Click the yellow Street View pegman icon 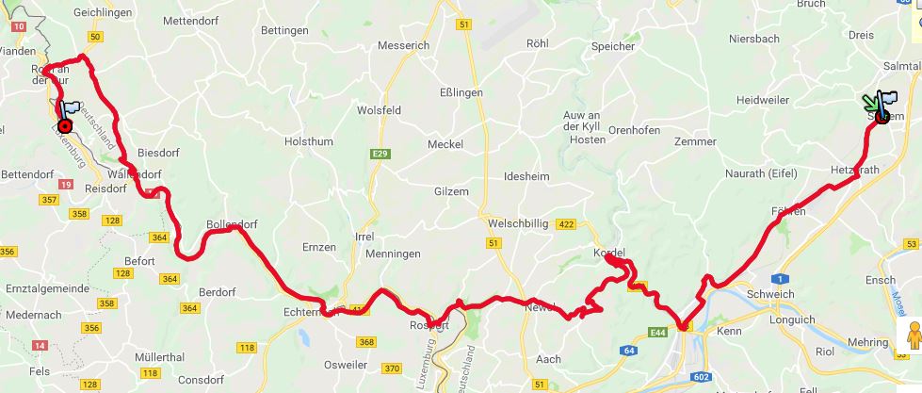912,336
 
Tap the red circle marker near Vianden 65,126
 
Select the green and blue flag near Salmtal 882,105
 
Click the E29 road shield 380,153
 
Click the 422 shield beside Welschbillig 566,224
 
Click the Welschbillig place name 520,223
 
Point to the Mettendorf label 190,20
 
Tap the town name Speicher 613,46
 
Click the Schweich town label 769,294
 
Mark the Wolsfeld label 379,110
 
